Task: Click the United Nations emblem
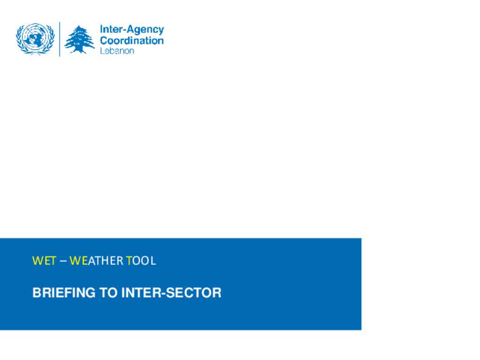pyautogui.click(x=35, y=39)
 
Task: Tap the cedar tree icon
pyautogui.click(x=79, y=39)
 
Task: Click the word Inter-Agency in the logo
pyautogui.click(x=132, y=30)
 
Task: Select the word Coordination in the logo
pyautogui.click(x=132, y=40)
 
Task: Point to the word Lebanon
pyautogui.click(x=117, y=51)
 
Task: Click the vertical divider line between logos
pyautogui.click(x=60, y=39)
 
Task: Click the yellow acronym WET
pyautogui.click(x=44, y=261)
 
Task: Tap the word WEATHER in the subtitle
pyautogui.click(x=96, y=261)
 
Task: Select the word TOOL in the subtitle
pyautogui.click(x=141, y=261)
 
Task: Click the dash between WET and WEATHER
pyautogui.click(x=63, y=261)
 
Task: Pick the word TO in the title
pyautogui.click(x=108, y=292)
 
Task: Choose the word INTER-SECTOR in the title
pyautogui.click(x=172, y=292)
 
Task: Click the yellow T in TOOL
pyautogui.click(x=129, y=261)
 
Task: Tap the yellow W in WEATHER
pyautogui.click(x=75, y=261)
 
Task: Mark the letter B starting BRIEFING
pyautogui.click(x=37, y=292)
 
